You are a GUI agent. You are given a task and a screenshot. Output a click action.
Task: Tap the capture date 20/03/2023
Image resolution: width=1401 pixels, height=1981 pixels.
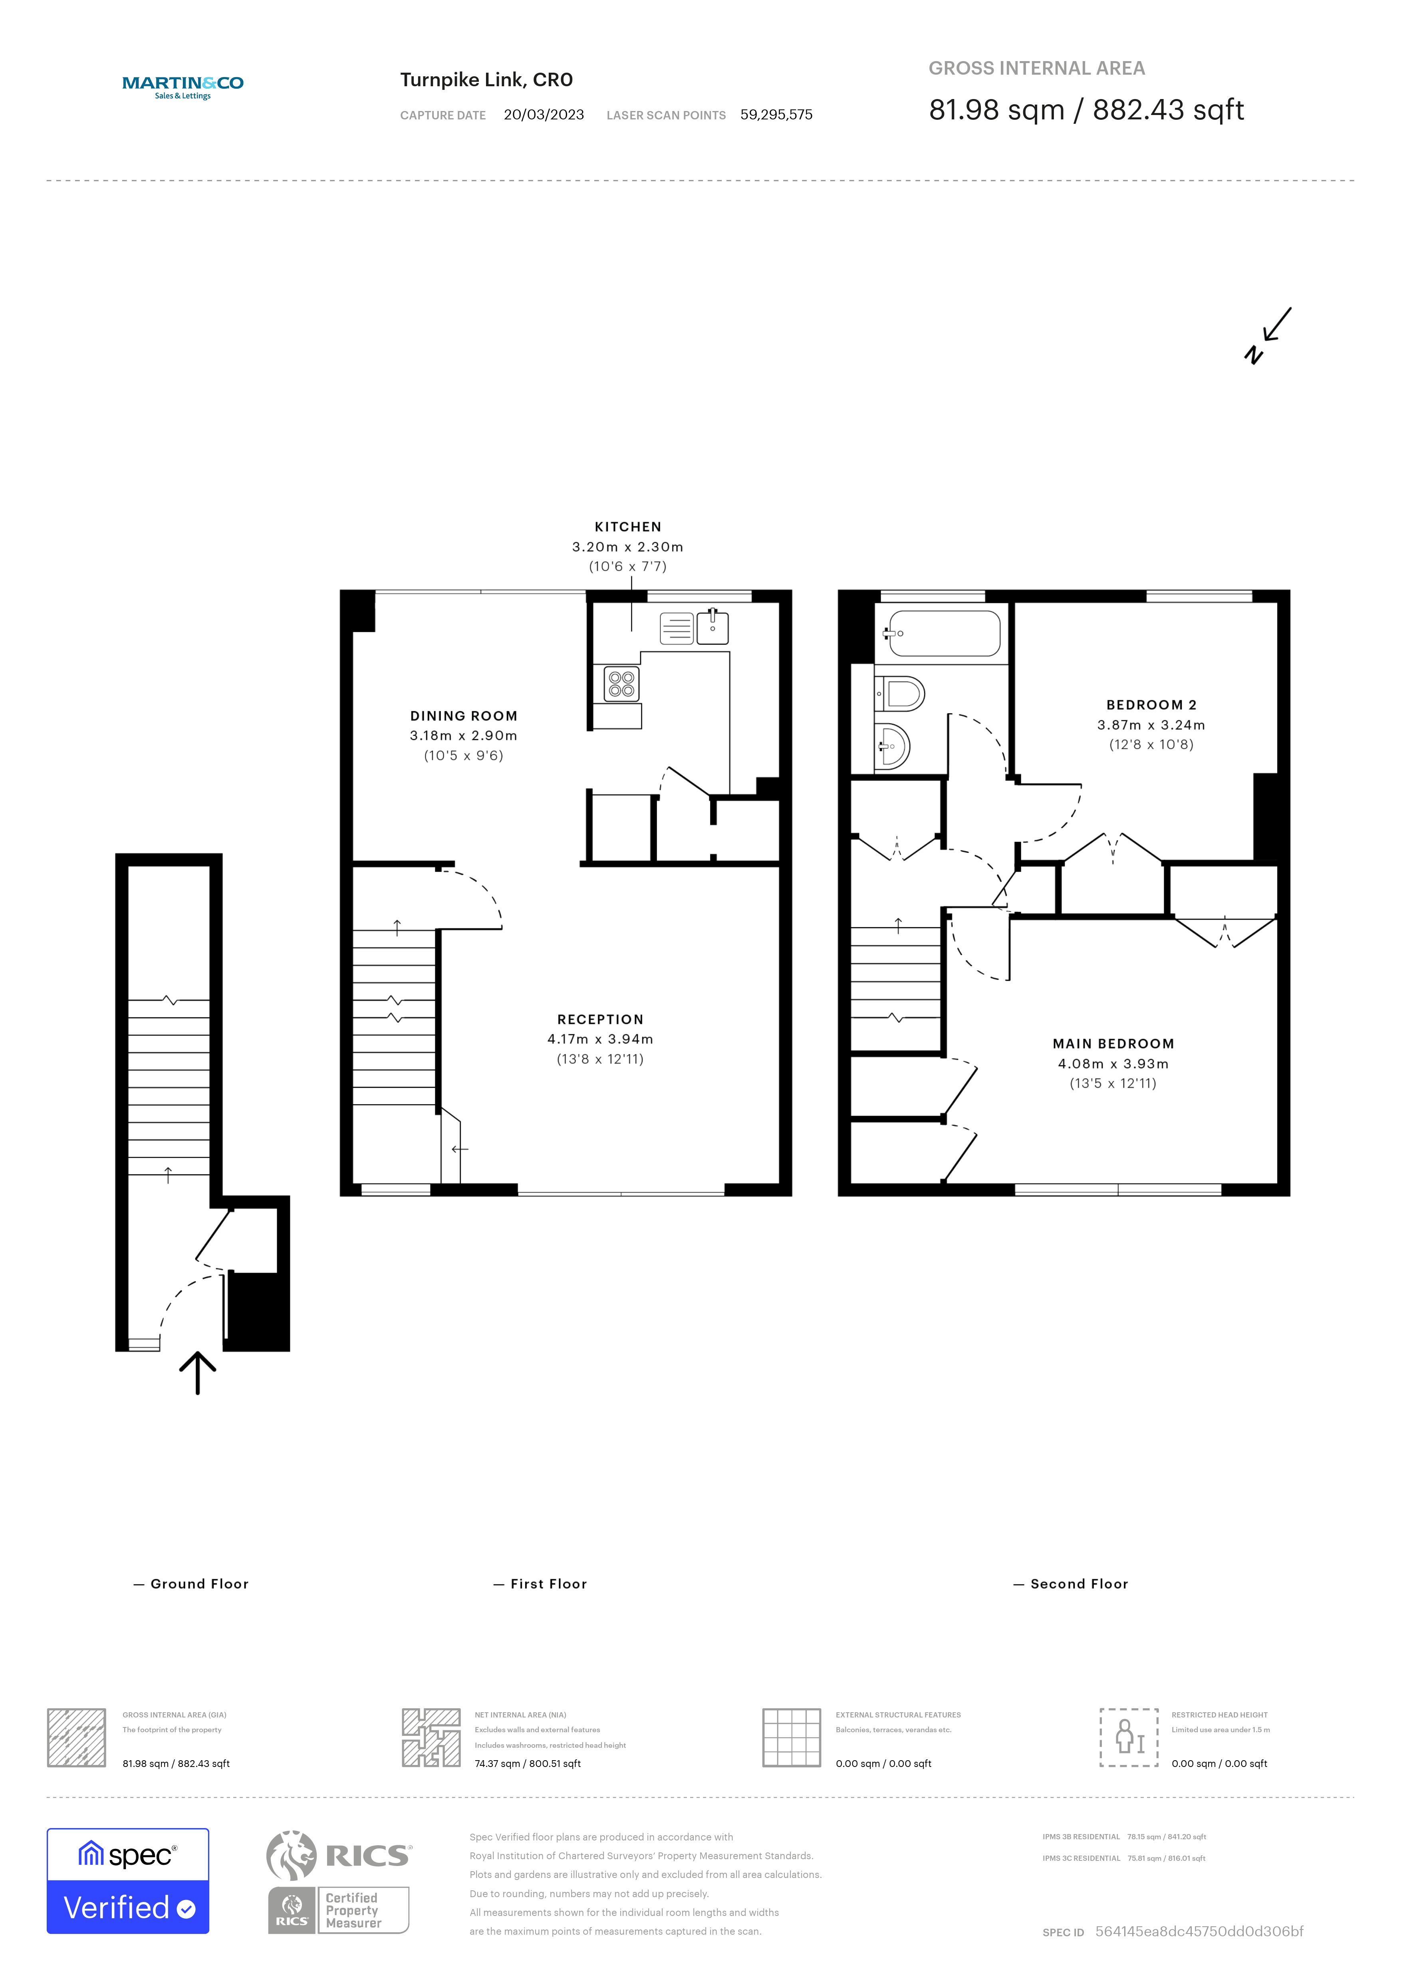tap(544, 115)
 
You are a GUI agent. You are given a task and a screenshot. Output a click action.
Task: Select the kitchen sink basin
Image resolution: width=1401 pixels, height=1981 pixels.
tap(712, 628)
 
